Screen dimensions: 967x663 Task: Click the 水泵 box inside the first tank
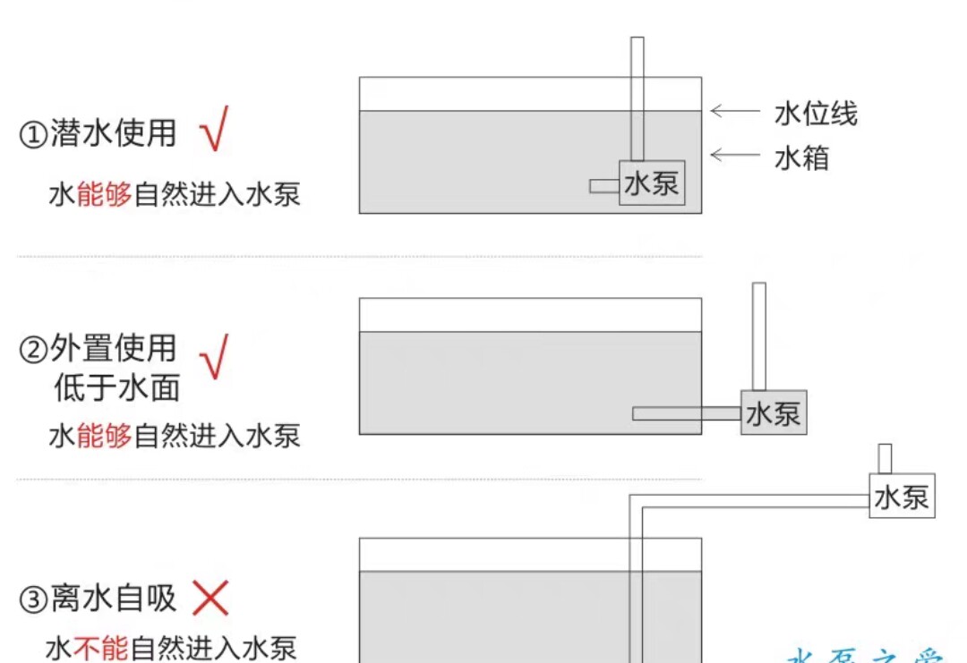coord(652,183)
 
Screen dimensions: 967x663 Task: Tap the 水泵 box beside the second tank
coord(773,412)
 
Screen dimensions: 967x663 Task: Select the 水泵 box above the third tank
coord(902,496)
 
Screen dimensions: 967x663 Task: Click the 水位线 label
coord(816,114)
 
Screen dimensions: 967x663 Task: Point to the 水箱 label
coord(801,157)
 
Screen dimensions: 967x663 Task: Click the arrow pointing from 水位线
coord(734,112)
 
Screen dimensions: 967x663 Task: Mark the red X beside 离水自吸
coord(210,598)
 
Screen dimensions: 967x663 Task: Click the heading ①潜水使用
coord(98,134)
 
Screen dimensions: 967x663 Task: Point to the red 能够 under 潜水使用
coord(104,193)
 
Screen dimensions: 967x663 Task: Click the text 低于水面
coord(116,387)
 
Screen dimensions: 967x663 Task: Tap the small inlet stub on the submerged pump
coord(604,185)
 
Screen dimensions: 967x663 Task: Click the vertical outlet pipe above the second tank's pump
coord(758,336)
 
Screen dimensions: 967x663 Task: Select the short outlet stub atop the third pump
coord(885,458)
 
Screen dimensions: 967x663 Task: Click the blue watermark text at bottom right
coord(864,656)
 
